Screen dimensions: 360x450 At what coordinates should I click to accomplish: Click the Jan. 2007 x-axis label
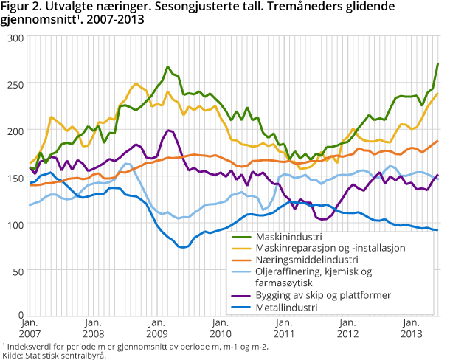click(x=30, y=328)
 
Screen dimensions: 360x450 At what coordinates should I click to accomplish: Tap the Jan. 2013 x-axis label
click(x=411, y=328)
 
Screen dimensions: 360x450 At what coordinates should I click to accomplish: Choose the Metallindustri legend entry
click(x=285, y=308)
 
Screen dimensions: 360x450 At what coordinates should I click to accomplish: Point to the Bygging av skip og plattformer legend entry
click(x=325, y=295)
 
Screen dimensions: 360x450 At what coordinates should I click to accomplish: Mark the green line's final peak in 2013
click(x=438, y=63)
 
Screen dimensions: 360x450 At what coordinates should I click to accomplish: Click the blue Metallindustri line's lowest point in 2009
click(x=182, y=247)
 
